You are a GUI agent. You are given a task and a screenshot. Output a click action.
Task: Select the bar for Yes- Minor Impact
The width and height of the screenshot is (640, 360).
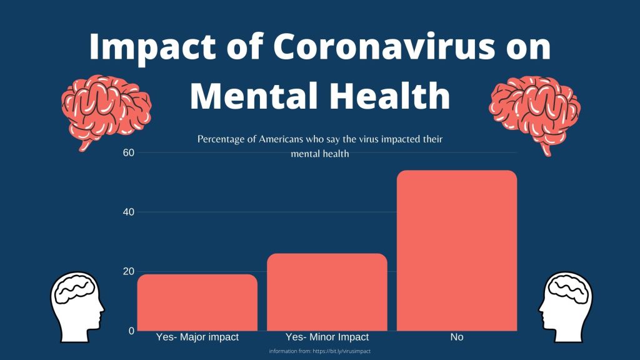[327, 292]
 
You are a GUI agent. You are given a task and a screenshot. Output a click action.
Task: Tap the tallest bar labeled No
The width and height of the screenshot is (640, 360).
[457, 250]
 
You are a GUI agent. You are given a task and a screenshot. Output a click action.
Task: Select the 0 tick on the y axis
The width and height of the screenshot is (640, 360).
[132, 331]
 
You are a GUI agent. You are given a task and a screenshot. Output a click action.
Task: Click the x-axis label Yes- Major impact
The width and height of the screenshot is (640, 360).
[197, 337]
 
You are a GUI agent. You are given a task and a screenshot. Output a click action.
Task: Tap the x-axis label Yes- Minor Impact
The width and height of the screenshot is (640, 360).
[327, 337]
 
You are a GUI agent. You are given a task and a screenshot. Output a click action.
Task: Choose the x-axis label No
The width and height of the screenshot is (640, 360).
[457, 337]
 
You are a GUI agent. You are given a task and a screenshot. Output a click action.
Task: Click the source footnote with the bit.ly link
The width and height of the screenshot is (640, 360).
[320, 351]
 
